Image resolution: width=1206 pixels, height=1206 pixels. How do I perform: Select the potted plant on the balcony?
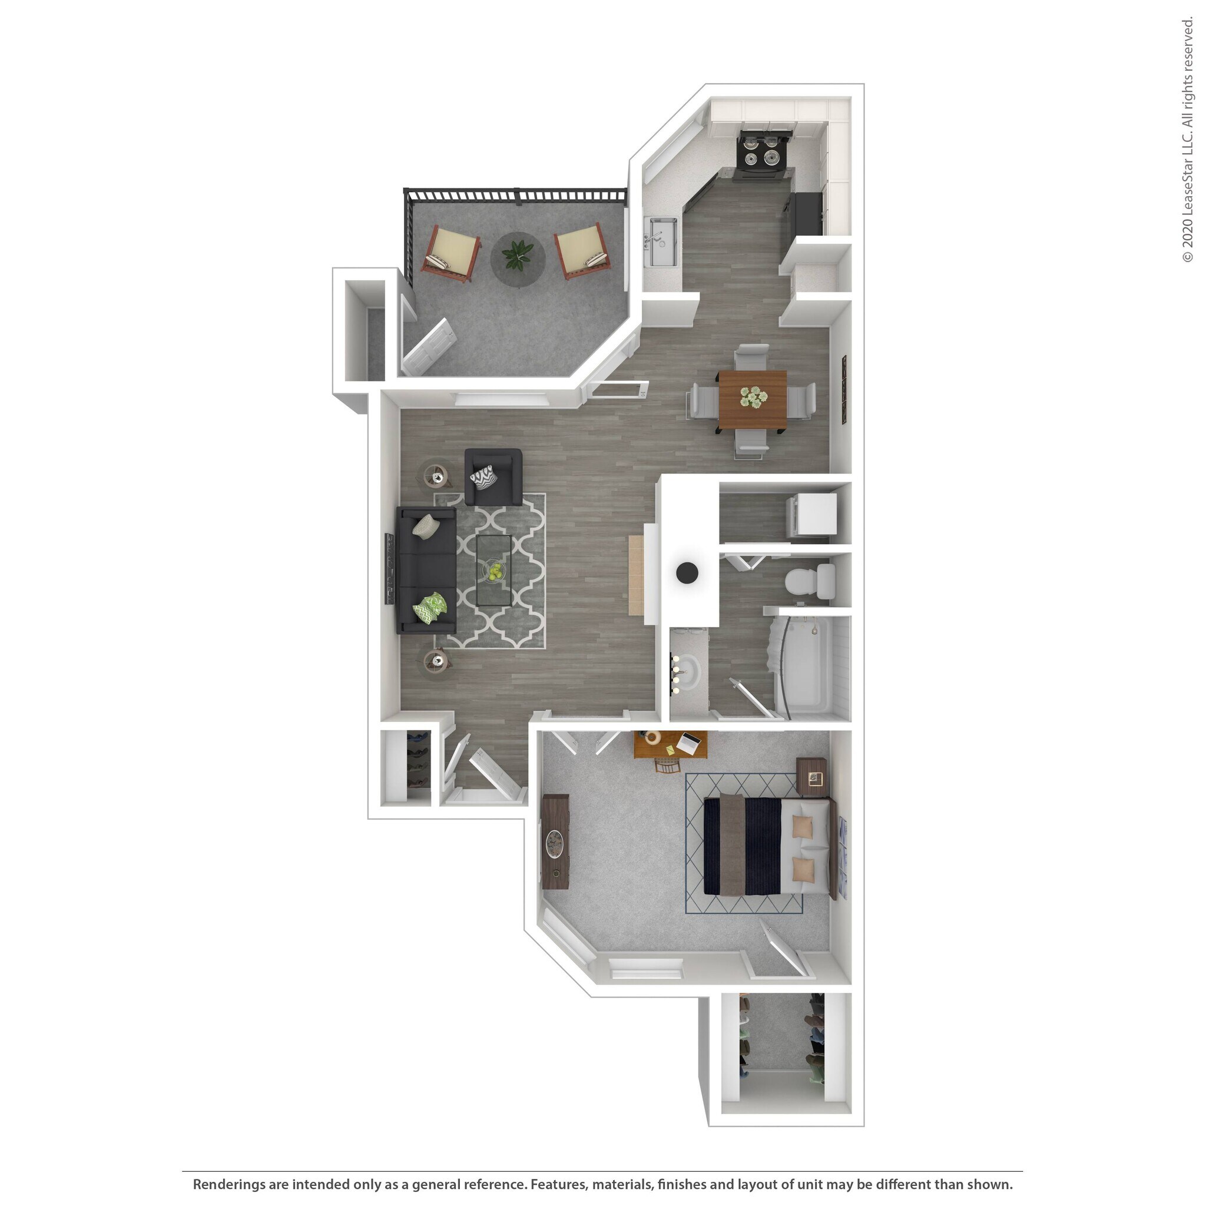coord(518,254)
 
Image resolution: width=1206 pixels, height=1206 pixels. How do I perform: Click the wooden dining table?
coord(752,400)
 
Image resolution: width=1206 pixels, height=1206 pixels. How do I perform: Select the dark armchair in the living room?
coord(493,478)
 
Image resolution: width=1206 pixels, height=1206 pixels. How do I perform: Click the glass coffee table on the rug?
coord(493,569)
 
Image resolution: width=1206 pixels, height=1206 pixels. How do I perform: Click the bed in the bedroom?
coord(767,846)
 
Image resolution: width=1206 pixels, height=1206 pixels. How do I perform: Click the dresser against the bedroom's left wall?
coord(555,841)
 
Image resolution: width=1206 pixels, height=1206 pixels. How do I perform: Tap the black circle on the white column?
coord(687,572)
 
